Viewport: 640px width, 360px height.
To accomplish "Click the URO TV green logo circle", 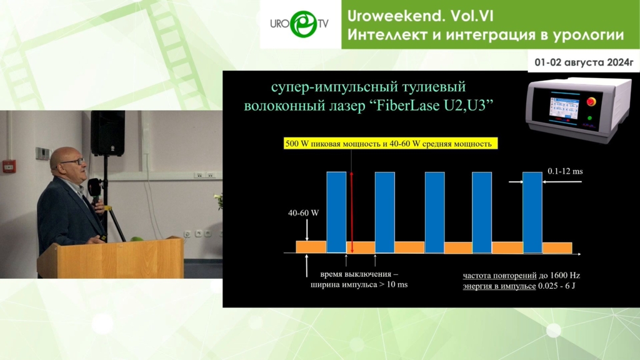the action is pyautogui.click(x=303, y=24).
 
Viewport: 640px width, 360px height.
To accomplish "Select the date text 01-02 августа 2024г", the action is pyautogui.click(x=584, y=62).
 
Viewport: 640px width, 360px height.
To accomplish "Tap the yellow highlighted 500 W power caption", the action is pyautogui.click(x=391, y=143).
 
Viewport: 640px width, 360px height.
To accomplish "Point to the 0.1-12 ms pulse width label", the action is pyautogui.click(x=565, y=171).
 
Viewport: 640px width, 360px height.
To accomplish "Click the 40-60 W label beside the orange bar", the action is pyautogui.click(x=303, y=212).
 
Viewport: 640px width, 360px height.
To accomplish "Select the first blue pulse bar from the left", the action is pyautogui.click(x=336, y=212).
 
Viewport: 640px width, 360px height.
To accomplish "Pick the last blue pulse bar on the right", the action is pyautogui.click(x=532, y=212).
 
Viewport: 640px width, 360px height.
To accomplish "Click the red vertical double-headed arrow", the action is pyautogui.click(x=351, y=212).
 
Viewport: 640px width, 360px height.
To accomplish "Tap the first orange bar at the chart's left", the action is pyautogui.click(x=311, y=247).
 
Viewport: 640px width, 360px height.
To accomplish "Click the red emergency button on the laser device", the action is pyautogui.click(x=591, y=101).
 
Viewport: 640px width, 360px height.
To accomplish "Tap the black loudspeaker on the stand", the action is pyautogui.click(x=107, y=133).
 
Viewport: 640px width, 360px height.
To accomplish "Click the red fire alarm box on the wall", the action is pyautogui.click(x=9, y=166).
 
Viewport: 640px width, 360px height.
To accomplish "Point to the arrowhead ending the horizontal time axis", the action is pyautogui.click(x=578, y=254).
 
